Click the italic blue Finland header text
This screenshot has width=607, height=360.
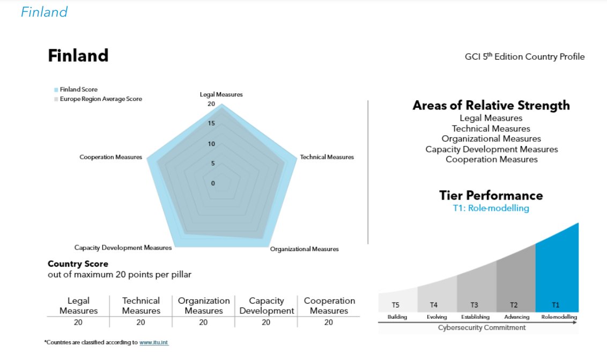tap(44, 12)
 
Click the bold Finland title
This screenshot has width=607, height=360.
tap(78, 55)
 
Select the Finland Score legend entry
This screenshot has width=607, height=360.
tap(78, 90)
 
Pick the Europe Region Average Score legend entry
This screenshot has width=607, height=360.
tap(101, 99)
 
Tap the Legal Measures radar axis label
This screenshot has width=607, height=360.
tap(221, 94)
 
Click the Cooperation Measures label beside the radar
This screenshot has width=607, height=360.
tap(111, 157)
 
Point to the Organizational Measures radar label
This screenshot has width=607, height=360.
tap(304, 249)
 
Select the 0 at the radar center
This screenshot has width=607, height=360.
tap(212, 183)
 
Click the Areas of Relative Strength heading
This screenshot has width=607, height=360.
tap(491, 105)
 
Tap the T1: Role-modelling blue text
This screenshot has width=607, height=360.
tap(491, 208)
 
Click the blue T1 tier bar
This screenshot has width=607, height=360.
tap(557, 268)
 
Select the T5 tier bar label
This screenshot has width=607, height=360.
tap(396, 305)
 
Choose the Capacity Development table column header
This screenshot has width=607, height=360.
tap(267, 305)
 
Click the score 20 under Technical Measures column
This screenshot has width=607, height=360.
tap(140, 322)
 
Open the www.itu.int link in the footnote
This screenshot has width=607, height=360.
tap(154, 342)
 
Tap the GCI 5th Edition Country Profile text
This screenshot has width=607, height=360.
tap(524, 57)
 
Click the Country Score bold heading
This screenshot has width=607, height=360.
tap(78, 264)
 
